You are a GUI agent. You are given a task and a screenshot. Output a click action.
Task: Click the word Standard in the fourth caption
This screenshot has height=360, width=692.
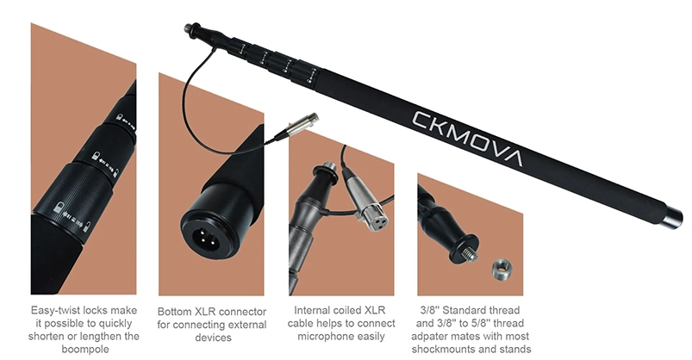click(479, 310)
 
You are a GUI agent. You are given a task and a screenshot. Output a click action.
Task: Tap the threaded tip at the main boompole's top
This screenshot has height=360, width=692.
click(188, 28)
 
